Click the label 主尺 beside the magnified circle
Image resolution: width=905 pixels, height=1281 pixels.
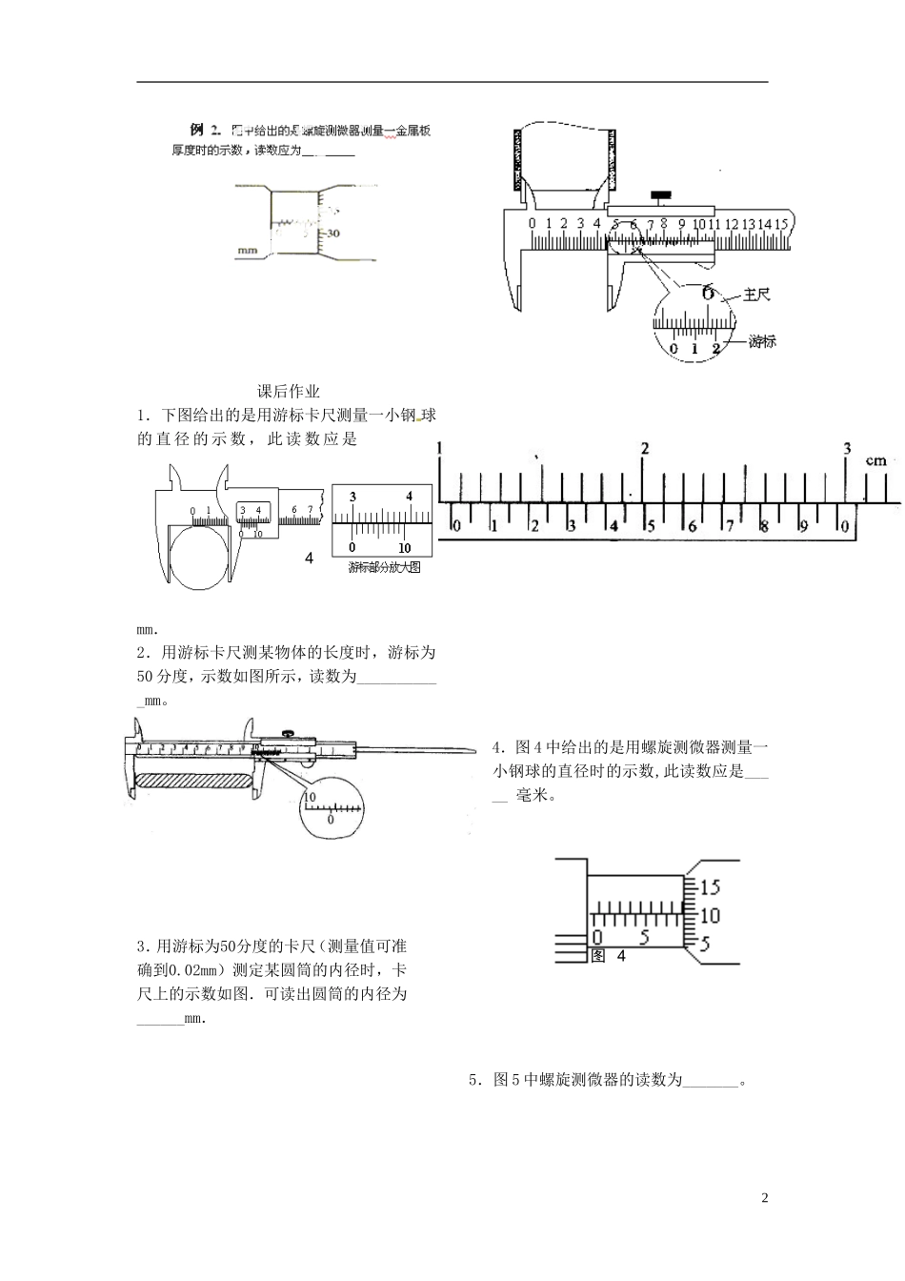(755, 295)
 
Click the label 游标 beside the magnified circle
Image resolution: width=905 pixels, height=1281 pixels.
(762, 340)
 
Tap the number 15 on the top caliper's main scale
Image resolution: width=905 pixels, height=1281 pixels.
(780, 224)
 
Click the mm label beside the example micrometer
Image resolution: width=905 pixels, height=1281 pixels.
(247, 252)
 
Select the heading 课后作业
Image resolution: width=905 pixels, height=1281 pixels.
(289, 391)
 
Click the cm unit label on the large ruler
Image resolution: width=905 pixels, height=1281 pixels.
(875, 461)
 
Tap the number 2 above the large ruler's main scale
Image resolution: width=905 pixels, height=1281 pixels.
(645, 448)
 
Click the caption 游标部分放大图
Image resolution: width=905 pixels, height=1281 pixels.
(384, 567)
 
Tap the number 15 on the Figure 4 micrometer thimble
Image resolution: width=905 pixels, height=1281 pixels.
(710, 887)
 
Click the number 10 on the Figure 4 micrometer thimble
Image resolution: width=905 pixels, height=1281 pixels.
(710, 916)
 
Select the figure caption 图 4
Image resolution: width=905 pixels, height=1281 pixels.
(609, 956)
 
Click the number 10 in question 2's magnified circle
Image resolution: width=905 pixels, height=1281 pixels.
(310, 795)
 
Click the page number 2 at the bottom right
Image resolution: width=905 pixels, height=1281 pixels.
(764, 1197)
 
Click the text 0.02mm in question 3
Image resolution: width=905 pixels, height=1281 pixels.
(193, 970)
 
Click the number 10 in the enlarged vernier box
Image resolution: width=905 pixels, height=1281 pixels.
(404, 548)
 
